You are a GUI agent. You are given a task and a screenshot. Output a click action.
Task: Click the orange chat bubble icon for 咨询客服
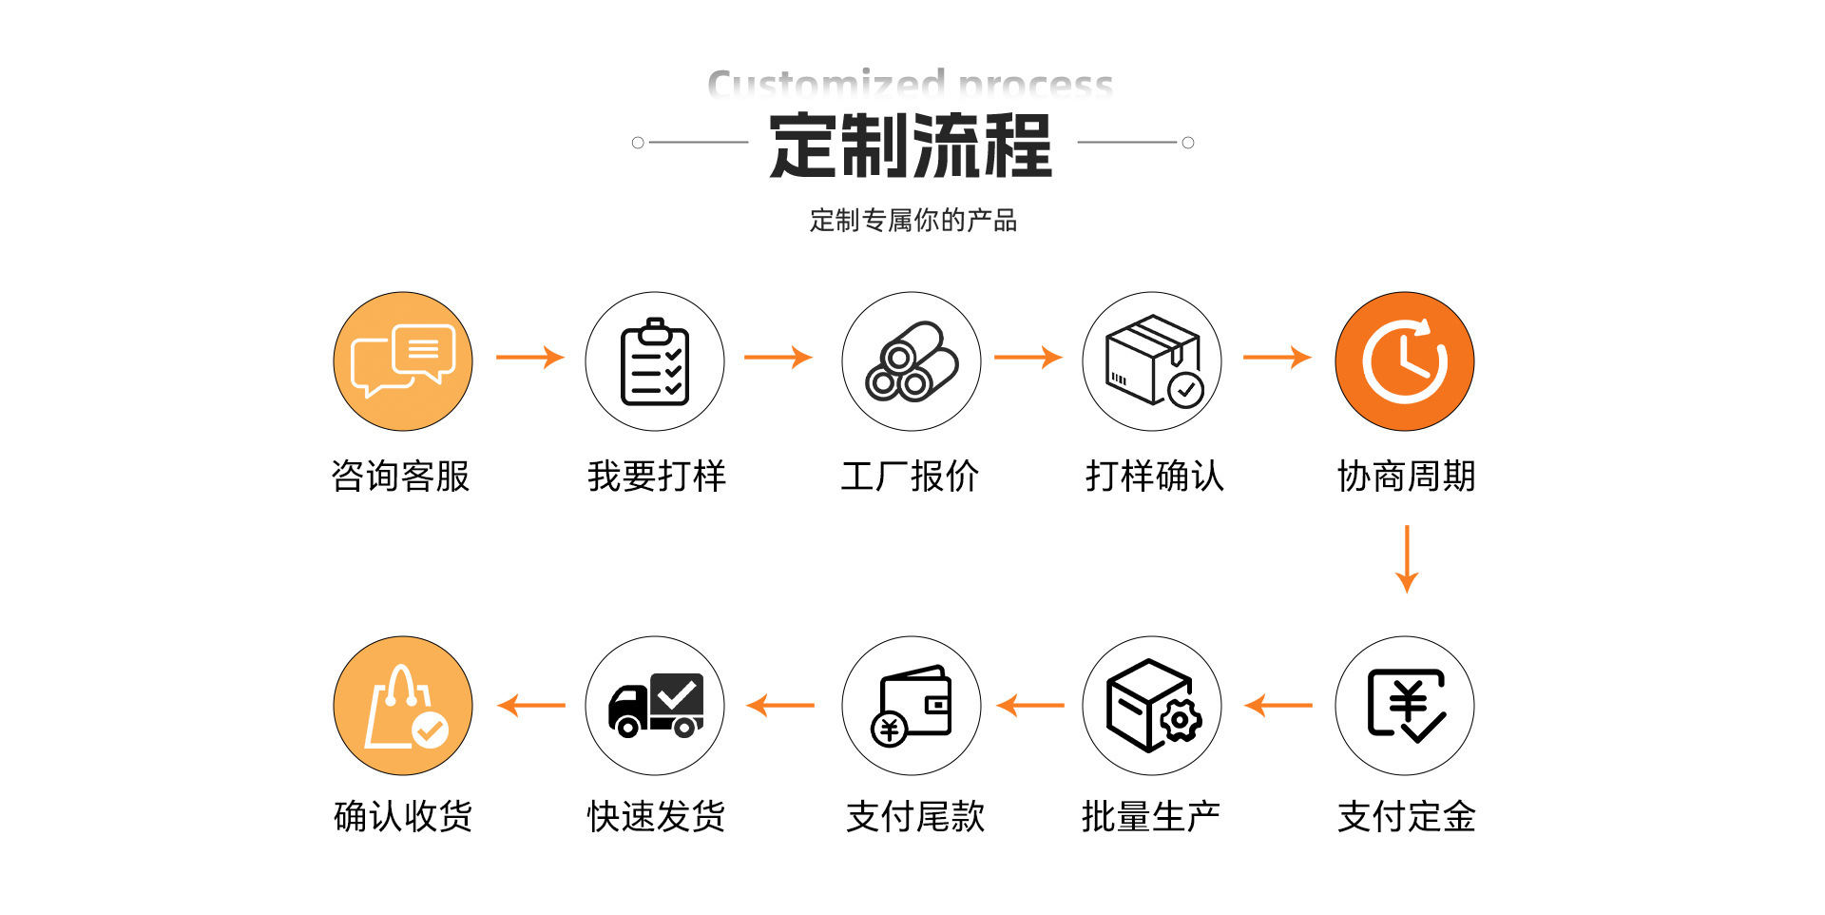pos(403,361)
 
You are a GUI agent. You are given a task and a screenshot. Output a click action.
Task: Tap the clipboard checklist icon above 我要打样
pos(655,361)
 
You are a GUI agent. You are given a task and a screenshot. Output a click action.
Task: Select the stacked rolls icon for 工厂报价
pos(912,361)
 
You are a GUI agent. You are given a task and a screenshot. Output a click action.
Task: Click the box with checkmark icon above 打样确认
pos(1152,361)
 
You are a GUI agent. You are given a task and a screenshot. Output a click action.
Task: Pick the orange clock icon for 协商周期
pos(1405,361)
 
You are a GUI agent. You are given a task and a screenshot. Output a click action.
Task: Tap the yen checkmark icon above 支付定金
pos(1405,706)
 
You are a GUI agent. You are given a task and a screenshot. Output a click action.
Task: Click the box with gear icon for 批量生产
pos(1152,706)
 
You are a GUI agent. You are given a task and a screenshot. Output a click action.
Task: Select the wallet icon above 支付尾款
pos(912,706)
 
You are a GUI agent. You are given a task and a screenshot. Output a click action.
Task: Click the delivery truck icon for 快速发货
pos(655,706)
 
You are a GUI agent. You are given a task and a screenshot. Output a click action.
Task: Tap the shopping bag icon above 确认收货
pos(403,706)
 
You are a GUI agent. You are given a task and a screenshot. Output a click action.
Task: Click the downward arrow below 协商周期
pos(1407,559)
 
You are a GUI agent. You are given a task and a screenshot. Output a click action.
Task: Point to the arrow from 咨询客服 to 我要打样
pos(529,358)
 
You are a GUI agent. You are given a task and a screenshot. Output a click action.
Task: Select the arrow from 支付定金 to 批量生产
pos(1278,706)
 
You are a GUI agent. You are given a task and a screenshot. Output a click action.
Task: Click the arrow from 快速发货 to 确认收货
pos(531,706)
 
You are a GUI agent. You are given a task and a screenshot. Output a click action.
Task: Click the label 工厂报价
pos(910,476)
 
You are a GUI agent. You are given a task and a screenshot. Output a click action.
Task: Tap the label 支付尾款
pos(915,816)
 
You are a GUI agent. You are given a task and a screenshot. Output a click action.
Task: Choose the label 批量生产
pos(1151,816)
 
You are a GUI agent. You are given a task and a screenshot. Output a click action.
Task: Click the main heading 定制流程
pos(911,146)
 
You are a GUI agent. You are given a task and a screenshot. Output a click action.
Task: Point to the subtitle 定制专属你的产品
pos(912,221)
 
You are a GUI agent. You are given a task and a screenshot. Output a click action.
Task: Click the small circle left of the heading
pos(638,143)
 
